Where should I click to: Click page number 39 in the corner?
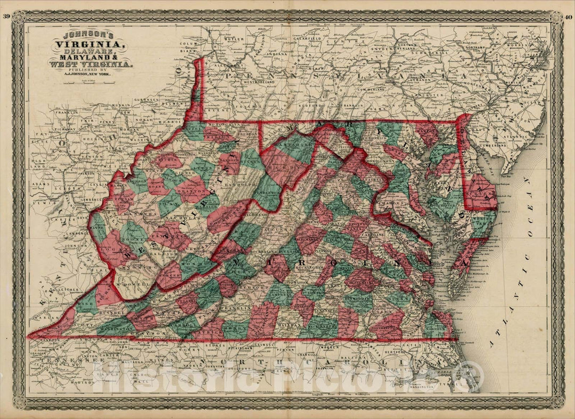pos(6,16)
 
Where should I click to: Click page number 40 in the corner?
pos(569,16)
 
